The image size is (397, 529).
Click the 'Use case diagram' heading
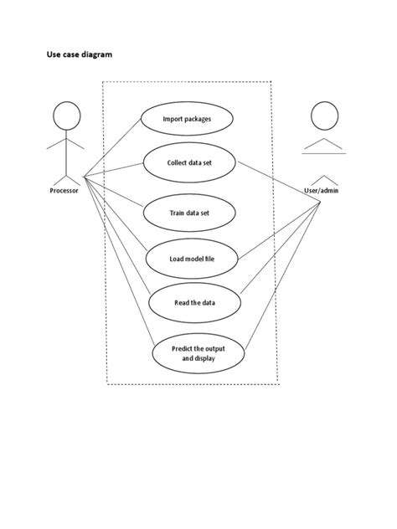point(79,54)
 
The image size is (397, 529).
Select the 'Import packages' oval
point(187,119)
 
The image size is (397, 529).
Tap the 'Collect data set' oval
point(190,162)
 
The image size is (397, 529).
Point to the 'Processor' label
point(64,191)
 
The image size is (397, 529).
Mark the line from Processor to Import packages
point(112,147)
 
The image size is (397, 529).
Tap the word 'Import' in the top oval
point(173,119)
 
